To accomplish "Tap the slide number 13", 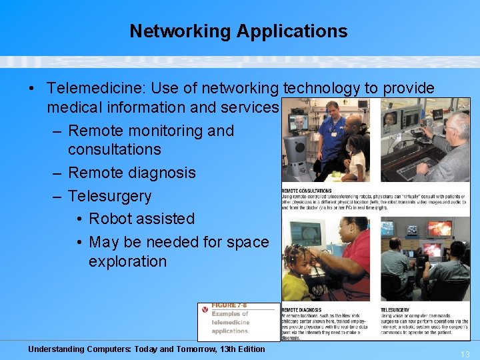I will coord(465,354).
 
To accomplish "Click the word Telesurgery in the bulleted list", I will coord(110,196).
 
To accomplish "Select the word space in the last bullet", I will coord(247,242).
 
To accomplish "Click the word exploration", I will coord(127,261).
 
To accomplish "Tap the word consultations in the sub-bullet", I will coord(114,149).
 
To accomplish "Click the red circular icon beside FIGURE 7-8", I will coord(204,309).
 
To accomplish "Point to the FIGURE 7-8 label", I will coord(228,306).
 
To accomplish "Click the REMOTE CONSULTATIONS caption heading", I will coord(307,191).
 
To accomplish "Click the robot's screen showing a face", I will coord(299,123).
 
